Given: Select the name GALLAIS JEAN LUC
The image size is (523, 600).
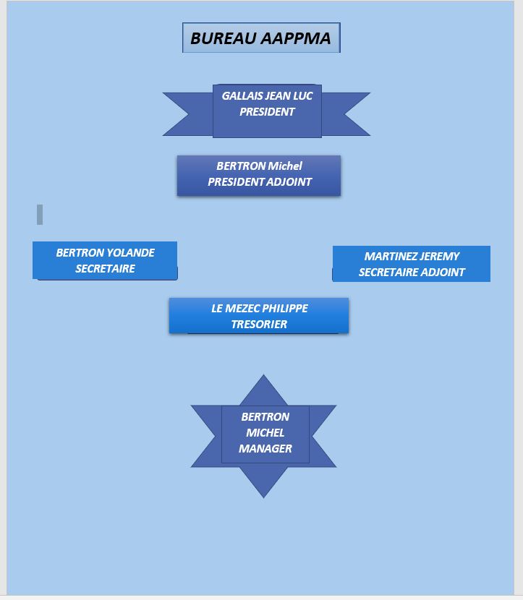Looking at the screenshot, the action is click(267, 95).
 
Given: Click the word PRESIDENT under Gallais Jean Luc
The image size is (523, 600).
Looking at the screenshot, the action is click(267, 112).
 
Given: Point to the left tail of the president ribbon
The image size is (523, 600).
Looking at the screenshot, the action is click(187, 114).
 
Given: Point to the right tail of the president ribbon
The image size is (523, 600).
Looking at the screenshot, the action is click(346, 114).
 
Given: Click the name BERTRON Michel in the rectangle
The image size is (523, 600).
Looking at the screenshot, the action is click(259, 166).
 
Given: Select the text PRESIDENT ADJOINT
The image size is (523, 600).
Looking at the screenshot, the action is click(260, 181).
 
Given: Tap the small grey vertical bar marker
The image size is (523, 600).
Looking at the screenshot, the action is click(40, 214).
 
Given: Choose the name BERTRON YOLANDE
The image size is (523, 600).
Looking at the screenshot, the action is click(106, 252).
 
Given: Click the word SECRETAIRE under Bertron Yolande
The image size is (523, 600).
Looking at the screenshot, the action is click(106, 269).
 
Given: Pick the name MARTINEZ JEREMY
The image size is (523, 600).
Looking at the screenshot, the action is click(412, 256).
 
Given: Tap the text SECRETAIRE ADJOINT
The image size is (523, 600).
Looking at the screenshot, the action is click(412, 272).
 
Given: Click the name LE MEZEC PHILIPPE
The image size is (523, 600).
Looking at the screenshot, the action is click(260, 308).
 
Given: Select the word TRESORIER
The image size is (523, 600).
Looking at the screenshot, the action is click(259, 324).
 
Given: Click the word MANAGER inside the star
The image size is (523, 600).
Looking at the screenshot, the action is click(265, 448).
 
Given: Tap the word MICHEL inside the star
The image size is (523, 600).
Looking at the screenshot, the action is click(265, 432).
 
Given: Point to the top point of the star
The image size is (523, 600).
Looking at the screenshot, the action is click(263, 375).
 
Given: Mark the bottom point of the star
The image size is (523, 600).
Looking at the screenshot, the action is click(263, 497).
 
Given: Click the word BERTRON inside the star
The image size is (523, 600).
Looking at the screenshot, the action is click(265, 416).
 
